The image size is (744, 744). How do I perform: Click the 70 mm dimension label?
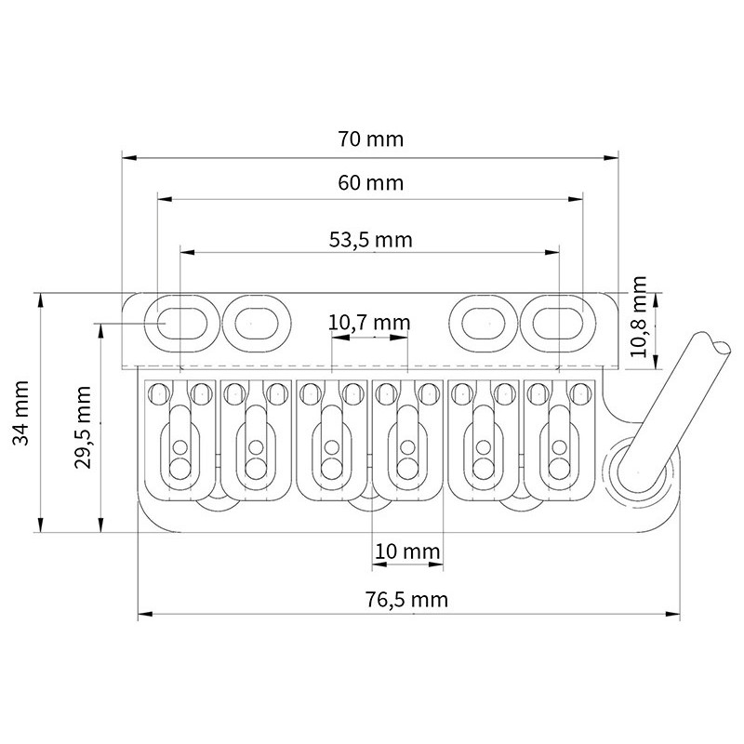370,139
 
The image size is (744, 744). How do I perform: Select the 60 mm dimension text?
370,182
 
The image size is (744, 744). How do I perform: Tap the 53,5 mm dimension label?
370,240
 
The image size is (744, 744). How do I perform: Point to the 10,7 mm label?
369,323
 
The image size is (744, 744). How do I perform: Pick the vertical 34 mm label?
20,413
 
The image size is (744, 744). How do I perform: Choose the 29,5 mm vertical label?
83,427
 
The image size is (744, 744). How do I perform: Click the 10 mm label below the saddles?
407,551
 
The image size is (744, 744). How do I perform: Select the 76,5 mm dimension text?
406,599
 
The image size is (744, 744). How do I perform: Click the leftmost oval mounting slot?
181,324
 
